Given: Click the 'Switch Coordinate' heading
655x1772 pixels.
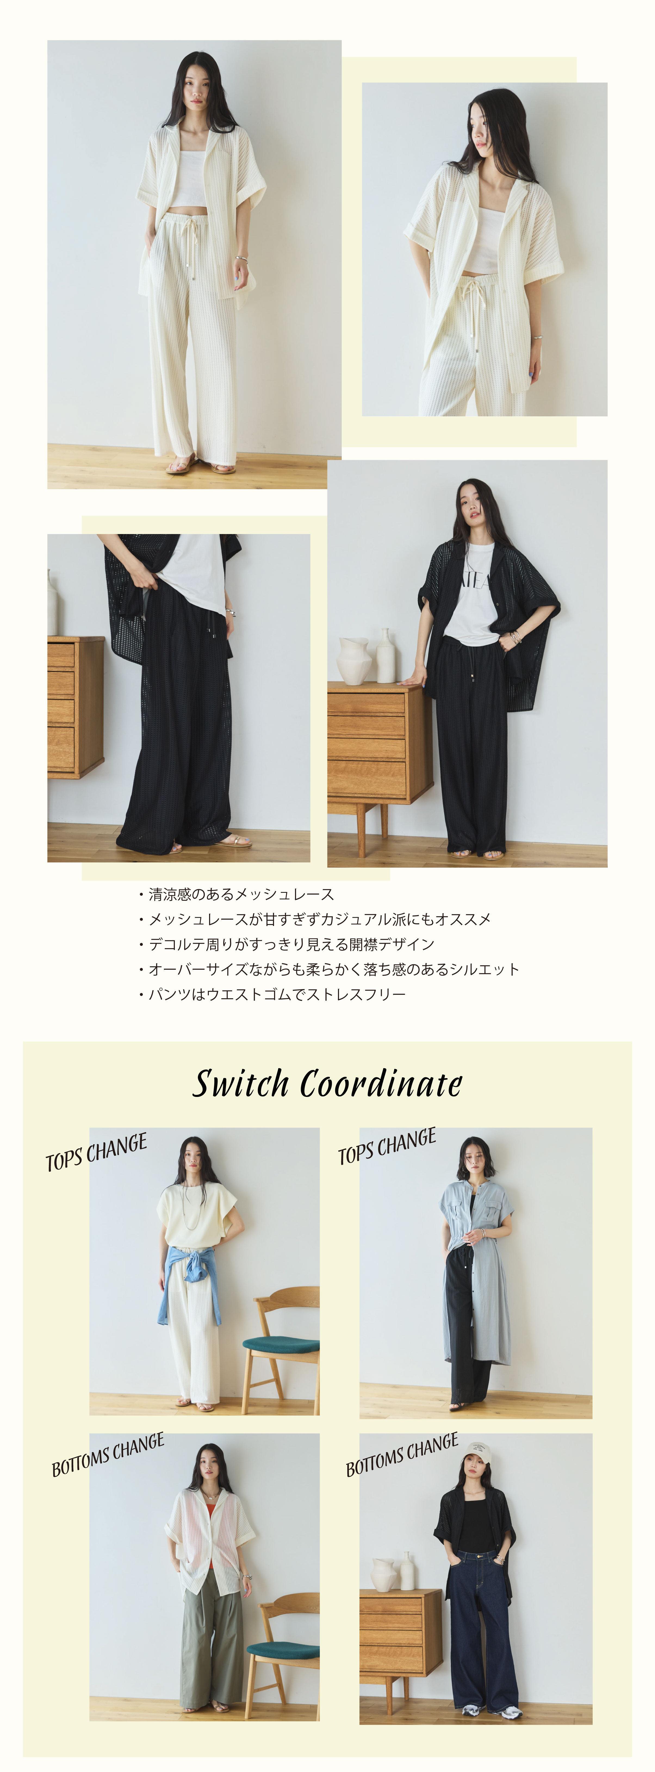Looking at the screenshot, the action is click(327, 1084).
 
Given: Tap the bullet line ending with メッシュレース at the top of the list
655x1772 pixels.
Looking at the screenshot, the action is click(236, 894).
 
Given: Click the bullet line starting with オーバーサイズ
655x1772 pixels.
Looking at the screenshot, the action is click(329, 969).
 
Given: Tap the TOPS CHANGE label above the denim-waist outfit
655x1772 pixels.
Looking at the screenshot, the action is click(96, 1152).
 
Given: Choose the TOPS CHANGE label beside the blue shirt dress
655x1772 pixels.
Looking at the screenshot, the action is click(387, 1146).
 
